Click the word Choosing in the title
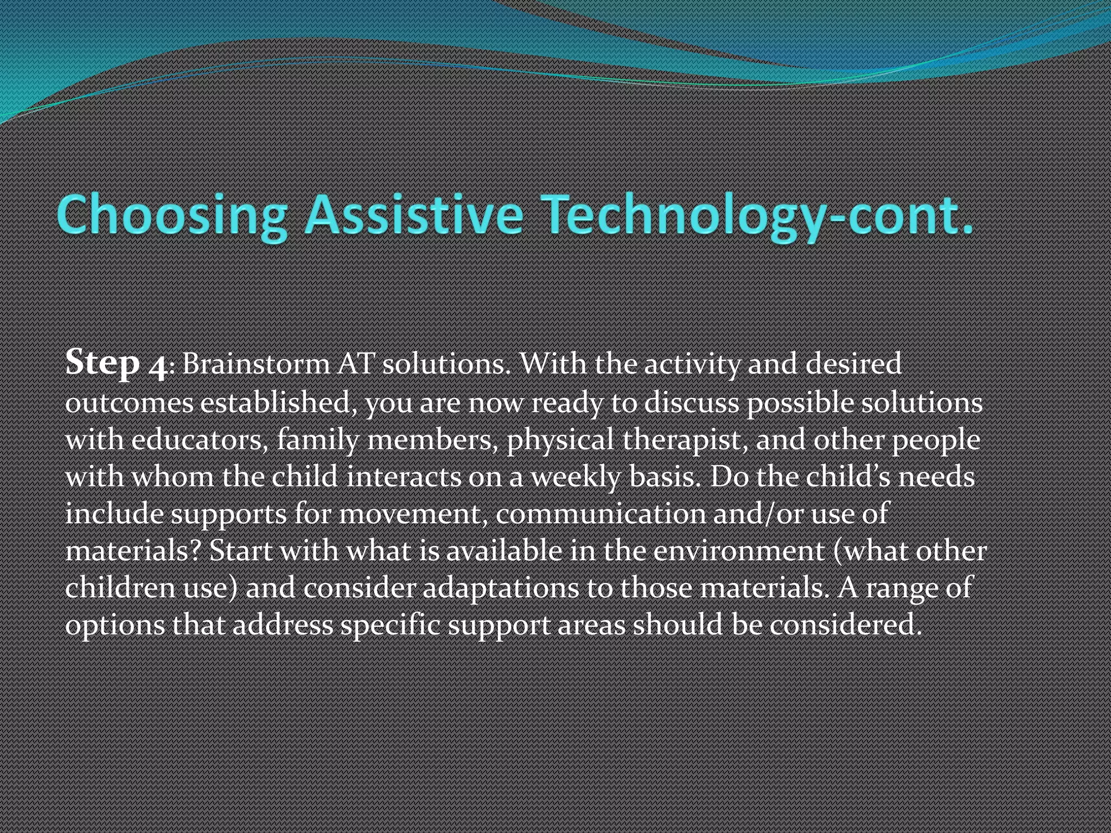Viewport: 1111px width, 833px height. click(171, 215)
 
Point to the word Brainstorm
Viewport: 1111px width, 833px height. click(256, 364)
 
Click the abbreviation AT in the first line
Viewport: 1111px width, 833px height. click(356, 364)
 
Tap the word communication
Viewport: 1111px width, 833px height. click(600, 514)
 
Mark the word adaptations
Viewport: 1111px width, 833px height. click(500, 588)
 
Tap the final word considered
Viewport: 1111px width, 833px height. click(846, 625)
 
